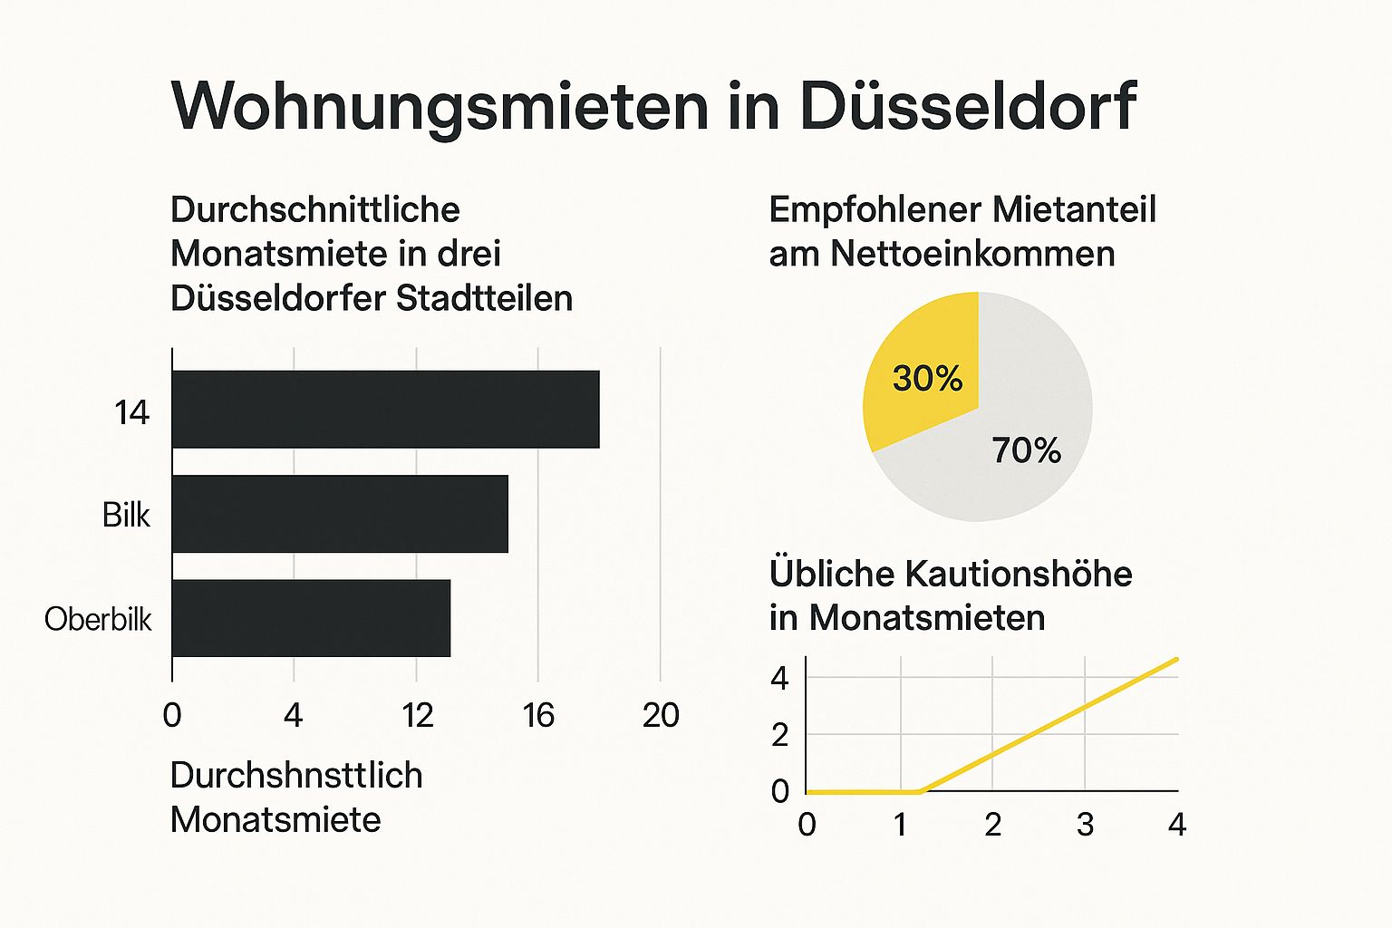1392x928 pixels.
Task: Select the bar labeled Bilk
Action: [340, 514]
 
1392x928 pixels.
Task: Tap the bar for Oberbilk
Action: [311, 618]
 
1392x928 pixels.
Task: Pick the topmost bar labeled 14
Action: [385, 410]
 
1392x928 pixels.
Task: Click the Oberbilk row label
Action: [98, 619]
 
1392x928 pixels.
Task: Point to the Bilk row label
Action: [126, 515]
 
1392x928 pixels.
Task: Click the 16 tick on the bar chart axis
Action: [538, 715]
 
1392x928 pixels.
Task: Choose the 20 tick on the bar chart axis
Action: [661, 715]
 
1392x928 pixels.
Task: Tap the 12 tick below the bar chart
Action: [418, 715]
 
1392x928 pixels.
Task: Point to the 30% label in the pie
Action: [927, 378]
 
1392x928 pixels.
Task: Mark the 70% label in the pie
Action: [1026, 449]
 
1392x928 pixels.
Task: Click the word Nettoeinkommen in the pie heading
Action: [972, 253]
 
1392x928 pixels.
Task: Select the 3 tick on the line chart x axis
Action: [1085, 825]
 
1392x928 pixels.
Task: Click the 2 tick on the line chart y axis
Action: [780, 735]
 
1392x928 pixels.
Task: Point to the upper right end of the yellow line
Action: [1175, 660]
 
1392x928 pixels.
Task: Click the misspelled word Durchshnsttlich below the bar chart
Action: [296, 776]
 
